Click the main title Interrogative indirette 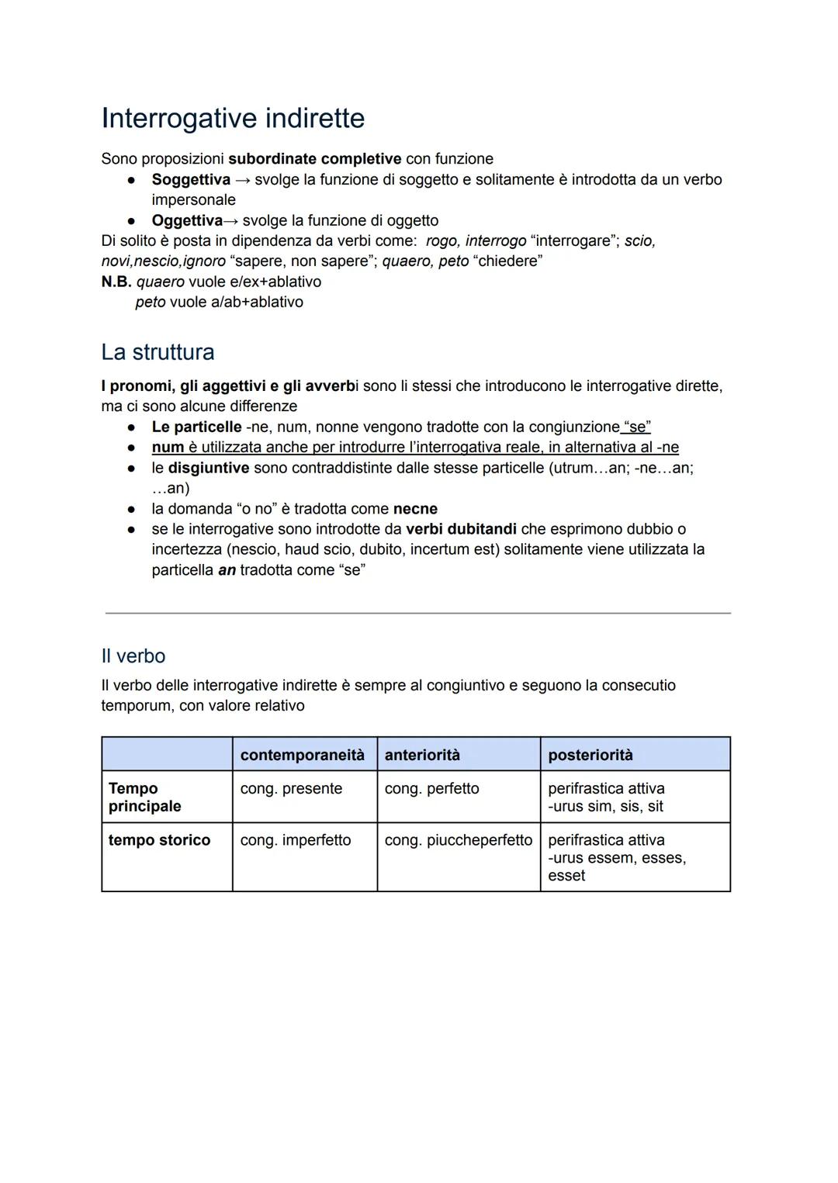click(233, 119)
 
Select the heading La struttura click(158, 352)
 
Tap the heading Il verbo click(133, 656)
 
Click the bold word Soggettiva click(191, 180)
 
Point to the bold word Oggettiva click(186, 221)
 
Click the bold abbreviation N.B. click(116, 282)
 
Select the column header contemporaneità click(302, 755)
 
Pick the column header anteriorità click(422, 755)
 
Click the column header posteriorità click(590, 755)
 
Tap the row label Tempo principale click(144, 797)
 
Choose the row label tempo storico click(159, 840)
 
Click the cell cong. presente click(291, 789)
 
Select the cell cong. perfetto click(431, 789)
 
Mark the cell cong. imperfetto click(295, 840)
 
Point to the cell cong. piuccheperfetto click(458, 840)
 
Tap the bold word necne click(415, 509)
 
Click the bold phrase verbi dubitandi click(461, 529)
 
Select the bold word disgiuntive click(209, 469)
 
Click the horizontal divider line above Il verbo click(417, 614)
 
